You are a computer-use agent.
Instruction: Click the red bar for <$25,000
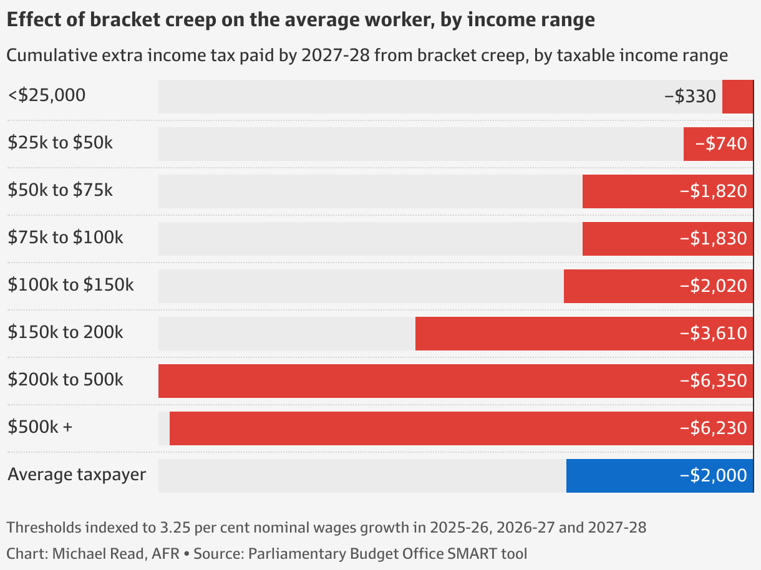point(737,97)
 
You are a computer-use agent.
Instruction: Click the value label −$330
point(690,97)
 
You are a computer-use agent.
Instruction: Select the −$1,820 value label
point(713,191)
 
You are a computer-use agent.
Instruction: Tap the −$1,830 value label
point(713,239)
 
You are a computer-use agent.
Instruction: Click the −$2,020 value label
point(713,286)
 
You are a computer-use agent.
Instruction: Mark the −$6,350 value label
point(713,381)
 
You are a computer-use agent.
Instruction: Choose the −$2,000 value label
point(713,476)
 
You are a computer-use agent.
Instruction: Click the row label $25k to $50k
point(61,143)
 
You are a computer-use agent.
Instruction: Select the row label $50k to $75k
point(61,190)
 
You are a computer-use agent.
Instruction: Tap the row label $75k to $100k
point(65,238)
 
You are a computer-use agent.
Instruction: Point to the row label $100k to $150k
point(71,285)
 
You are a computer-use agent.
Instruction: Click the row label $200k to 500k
point(65,380)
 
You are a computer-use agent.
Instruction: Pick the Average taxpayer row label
point(77,475)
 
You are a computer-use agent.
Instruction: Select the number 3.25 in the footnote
point(173,528)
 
